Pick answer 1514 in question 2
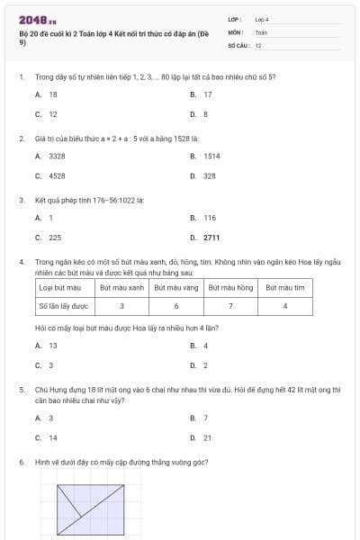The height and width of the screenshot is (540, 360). coord(211,156)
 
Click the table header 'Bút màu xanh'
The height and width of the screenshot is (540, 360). coord(121,288)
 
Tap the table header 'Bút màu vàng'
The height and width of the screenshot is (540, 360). coord(176,288)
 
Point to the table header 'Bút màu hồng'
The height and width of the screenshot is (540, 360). coord(231,288)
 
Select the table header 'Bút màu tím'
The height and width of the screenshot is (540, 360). coord(285,288)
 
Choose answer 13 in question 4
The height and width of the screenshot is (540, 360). coord(53,345)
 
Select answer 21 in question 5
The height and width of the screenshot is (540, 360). coord(208,437)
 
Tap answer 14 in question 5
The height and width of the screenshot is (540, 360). coord(53,437)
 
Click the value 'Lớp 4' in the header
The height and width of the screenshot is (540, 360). coord(262,18)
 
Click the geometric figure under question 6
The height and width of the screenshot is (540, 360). coord(91,508)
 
